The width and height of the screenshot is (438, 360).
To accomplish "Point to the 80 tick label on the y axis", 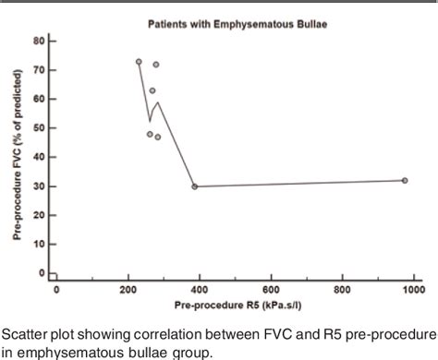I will [x=39, y=42].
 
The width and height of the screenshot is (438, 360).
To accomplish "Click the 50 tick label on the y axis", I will [x=39, y=128].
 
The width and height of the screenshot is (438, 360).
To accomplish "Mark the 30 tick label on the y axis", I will [x=39, y=186].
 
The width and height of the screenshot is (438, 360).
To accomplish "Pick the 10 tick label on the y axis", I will [x=39, y=245].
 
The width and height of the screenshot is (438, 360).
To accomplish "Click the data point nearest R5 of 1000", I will [x=405, y=180].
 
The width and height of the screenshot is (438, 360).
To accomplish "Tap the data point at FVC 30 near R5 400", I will [x=194, y=186].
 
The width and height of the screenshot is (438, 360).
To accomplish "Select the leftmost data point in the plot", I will [x=139, y=62].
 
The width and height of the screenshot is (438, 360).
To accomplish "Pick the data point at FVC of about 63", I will [x=152, y=90].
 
